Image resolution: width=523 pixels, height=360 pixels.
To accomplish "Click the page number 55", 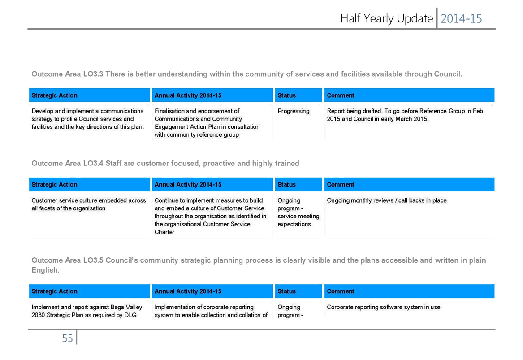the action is [x=67, y=338].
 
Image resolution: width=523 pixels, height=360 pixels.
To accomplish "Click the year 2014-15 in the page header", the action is [x=461, y=19].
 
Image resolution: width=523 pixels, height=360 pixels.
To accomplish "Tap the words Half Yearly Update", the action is [x=387, y=19].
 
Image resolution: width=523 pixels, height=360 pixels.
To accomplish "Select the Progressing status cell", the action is [x=294, y=111].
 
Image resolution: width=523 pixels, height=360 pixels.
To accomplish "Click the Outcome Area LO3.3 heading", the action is [x=247, y=74].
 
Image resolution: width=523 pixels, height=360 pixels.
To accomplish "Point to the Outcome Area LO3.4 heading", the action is [x=165, y=164].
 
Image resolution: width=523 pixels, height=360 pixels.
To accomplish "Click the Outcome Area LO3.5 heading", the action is [x=259, y=265].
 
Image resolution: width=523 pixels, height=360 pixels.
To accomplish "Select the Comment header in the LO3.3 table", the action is [x=340, y=95].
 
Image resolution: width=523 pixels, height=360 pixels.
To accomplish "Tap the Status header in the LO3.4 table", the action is [x=286, y=185].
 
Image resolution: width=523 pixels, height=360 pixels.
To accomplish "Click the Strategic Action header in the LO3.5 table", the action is [x=54, y=291].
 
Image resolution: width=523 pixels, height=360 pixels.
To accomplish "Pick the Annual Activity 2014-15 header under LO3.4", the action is [x=188, y=185].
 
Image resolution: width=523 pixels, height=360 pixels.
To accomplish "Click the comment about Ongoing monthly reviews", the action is [x=387, y=200].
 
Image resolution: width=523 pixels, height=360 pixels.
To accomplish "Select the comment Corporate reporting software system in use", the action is [x=384, y=307].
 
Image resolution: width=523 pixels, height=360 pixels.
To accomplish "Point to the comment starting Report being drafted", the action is [x=405, y=115].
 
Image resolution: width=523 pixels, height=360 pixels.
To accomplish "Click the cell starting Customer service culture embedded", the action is [x=89, y=204].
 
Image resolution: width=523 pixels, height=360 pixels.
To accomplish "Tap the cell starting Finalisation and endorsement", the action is [x=207, y=123].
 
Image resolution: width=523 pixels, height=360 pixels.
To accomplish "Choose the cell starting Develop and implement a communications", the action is [x=88, y=119].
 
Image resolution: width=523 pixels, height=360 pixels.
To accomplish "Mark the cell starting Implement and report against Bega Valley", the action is [x=87, y=311].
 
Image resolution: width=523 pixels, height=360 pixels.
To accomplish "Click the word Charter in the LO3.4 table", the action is [x=164, y=232].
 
